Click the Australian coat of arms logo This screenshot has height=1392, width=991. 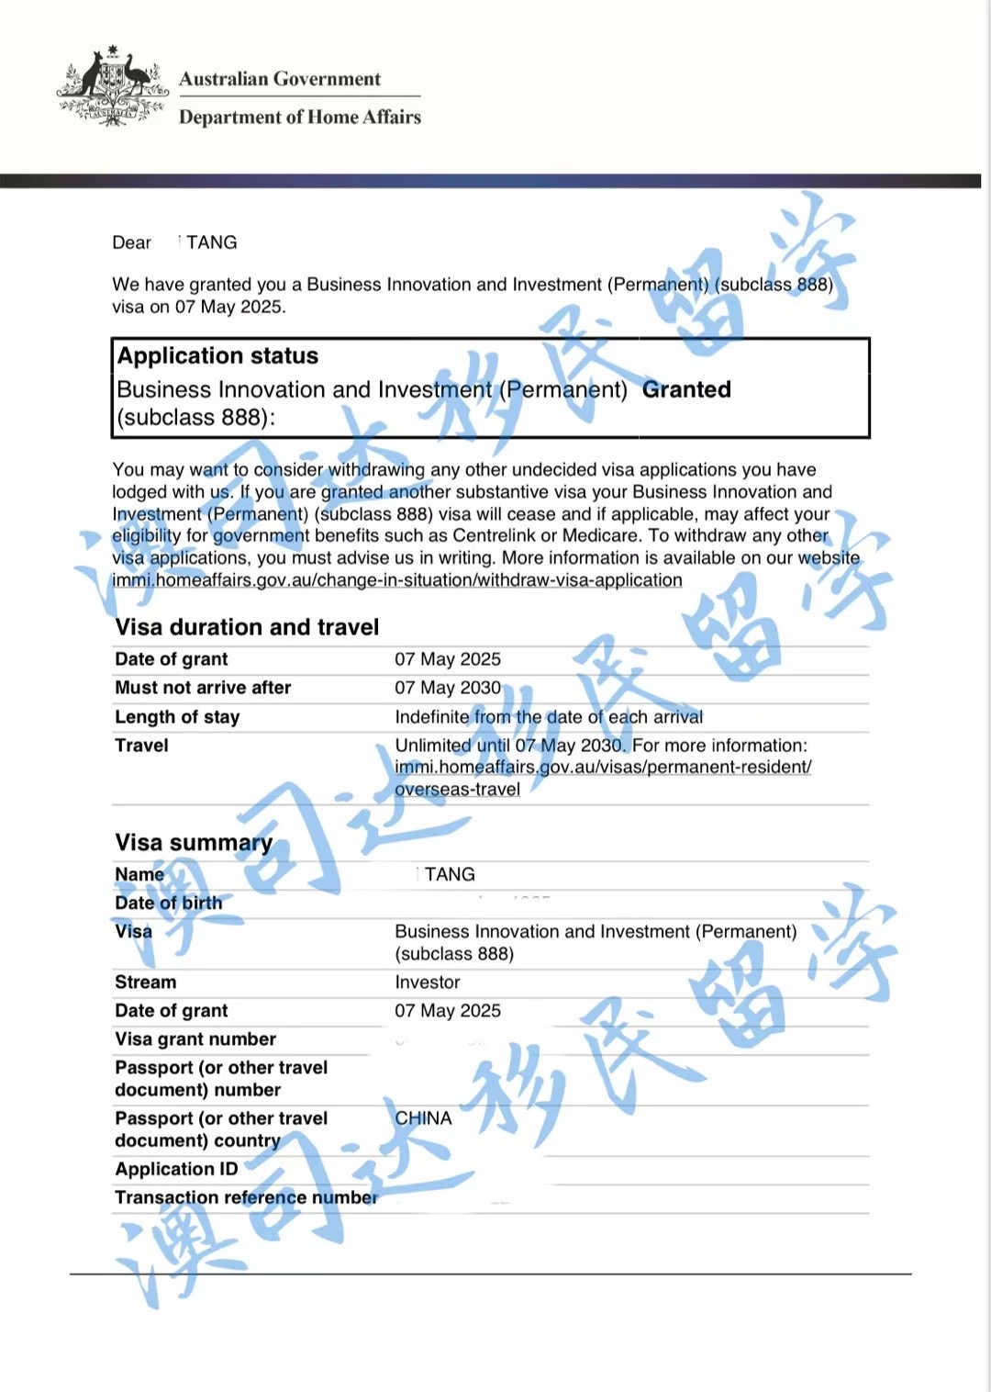pyautogui.click(x=108, y=86)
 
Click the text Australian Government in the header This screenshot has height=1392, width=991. pyautogui.click(x=280, y=79)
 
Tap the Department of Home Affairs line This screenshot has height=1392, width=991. pyautogui.click(x=299, y=118)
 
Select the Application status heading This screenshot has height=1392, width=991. pyautogui.click(x=217, y=356)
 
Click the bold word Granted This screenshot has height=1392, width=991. pyautogui.click(x=686, y=389)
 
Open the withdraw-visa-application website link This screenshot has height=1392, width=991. pyautogui.click(x=397, y=580)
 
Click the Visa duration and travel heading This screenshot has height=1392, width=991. pyautogui.click(x=247, y=627)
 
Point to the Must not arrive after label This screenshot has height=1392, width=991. pyautogui.click(x=203, y=688)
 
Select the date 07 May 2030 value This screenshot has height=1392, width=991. pyautogui.click(x=448, y=688)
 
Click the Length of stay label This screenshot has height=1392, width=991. pyautogui.click(x=177, y=717)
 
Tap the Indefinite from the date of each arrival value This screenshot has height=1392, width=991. pyautogui.click(x=549, y=717)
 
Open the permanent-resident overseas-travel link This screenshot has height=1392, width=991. pyautogui.click(x=602, y=778)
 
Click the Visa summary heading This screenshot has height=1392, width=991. pyautogui.click(x=194, y=843)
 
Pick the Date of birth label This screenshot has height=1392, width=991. pyautogui.click(x=169, y=904)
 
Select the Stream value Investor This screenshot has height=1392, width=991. pyautogui.click(x=428, y=982)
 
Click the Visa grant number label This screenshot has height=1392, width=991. pyautogui.click(x=195, y=1039)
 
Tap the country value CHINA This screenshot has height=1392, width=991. pyautogui.click(x=423, y=1118)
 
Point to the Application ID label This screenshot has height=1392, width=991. pyautogui.click(x=176, y=1169)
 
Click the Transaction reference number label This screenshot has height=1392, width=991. pyautogui.click(x=246, y=1197)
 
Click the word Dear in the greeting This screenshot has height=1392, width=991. pyautogui.click(x=131, y=242)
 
